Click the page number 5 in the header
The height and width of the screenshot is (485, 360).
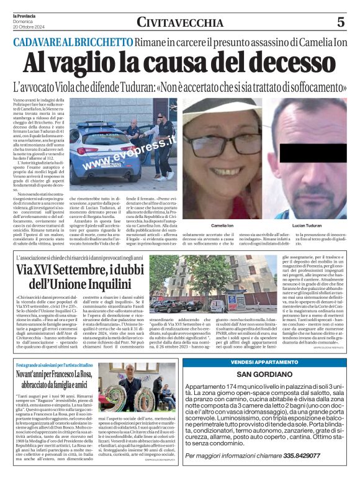pos(340,22)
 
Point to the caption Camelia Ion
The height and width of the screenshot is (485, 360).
pos(223,225)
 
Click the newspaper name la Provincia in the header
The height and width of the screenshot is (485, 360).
pos(24,14)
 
